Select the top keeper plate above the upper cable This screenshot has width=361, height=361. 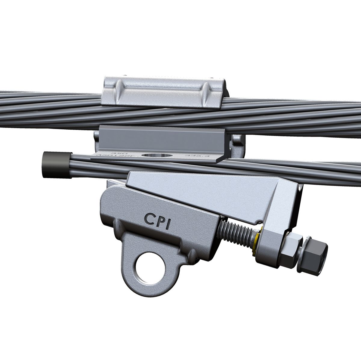point(162,92)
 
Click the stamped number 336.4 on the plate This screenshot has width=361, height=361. point(193,156)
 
